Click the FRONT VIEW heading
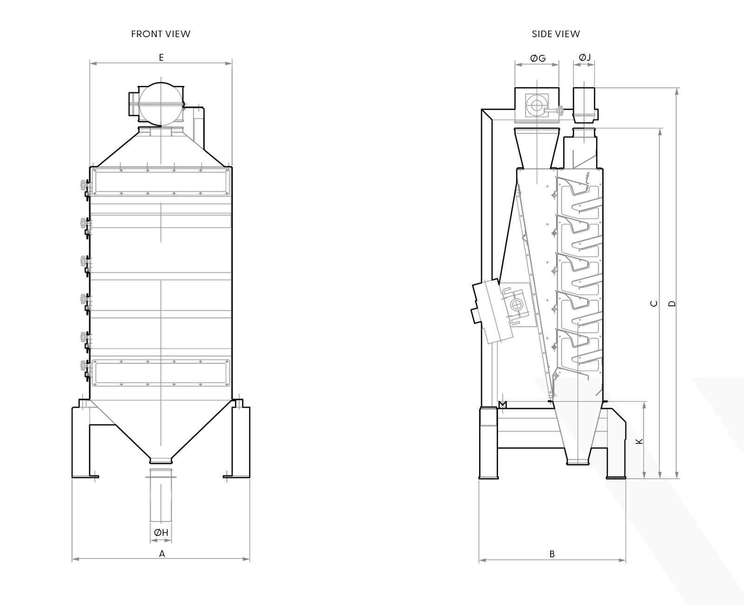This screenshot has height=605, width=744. click(x=161, y=34)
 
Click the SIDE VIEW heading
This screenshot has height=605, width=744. click(x=556, y=34)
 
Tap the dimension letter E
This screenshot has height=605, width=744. click(x=161, y=58)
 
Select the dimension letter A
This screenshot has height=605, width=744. click(x=162, y=554)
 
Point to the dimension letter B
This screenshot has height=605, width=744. click(x=552, y=554)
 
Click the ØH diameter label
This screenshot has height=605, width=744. click(x=161, y=533)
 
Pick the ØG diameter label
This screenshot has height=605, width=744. click(x=538, y=58)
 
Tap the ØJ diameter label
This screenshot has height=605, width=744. click(x=585, y=58)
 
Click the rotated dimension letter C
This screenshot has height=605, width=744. click(x=654, y=303)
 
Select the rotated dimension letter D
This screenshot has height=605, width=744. click(x=672, y=304)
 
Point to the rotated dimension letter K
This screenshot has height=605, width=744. click(x=639, y=441)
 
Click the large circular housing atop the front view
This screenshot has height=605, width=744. click(x=161, y=104)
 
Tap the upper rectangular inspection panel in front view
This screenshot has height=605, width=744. click(x=161, y=182)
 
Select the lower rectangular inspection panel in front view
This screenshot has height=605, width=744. click(x=161, y=373)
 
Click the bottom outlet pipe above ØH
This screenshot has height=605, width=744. click(x=161, y=495)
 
